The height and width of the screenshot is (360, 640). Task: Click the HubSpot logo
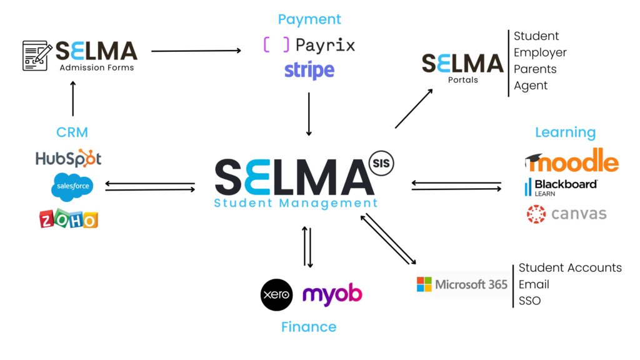tap(68, 159)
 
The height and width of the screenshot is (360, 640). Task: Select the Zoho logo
tap(68, 218)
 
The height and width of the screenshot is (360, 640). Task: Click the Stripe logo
tap(309, 70)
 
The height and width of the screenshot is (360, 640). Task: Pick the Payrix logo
tap(309, 45)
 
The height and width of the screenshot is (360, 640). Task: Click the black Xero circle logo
tap(276, 294)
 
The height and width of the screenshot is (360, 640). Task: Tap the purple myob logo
tap(332, 294)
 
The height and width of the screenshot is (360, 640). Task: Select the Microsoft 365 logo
tap(462, 284)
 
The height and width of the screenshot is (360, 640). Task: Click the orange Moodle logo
tap(571, 161)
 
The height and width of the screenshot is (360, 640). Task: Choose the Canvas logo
tap(566, 214)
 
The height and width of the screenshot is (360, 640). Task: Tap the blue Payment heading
tap(309, 19)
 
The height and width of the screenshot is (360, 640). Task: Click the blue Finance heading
tap(309, 326)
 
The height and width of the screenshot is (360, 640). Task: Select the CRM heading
tap(72, 132)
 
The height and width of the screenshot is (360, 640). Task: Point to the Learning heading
tap(565, 132)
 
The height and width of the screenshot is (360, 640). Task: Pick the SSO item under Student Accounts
tap(529, 301)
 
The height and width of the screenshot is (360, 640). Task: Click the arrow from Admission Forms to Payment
tap(196, 51)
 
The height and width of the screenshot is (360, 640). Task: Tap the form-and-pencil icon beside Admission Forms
tap(37, 55)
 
